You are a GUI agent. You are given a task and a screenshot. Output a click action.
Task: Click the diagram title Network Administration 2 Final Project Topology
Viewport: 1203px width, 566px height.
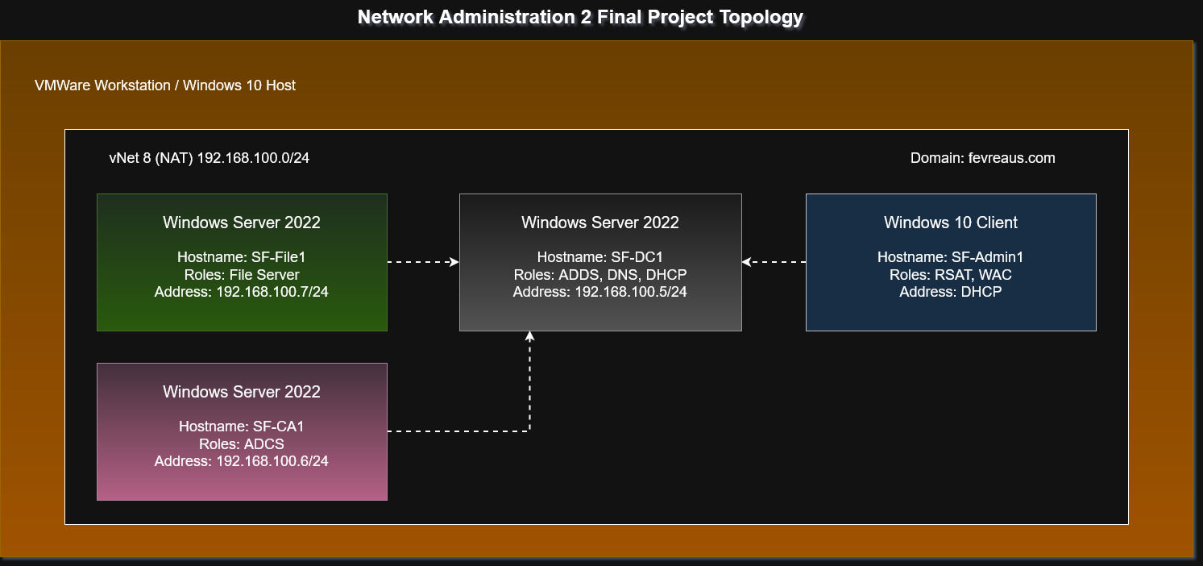pos(580,17)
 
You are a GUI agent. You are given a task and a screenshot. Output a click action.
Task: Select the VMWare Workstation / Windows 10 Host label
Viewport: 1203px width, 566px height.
pos(165,85)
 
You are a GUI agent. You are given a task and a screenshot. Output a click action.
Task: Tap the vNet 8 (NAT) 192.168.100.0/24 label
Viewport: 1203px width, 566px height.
pos(209,158)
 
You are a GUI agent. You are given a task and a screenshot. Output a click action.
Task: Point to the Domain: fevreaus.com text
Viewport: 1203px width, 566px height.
pos(982,158)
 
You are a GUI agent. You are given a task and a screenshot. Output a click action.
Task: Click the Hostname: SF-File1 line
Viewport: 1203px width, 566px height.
pos(242,257)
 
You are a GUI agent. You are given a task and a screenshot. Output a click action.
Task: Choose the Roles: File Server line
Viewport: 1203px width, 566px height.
pos(242,274)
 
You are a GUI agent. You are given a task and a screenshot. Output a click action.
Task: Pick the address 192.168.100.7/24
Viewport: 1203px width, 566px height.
pos(272,291)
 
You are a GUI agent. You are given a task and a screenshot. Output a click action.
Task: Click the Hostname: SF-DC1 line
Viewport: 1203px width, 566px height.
pos(600,257)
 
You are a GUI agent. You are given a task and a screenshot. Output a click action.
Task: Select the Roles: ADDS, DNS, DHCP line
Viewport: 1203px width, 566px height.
pos(600,274)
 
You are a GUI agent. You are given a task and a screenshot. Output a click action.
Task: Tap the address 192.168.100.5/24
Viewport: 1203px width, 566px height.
pos(631,291)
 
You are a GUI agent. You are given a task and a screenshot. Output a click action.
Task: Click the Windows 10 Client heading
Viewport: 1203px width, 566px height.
pos(951,223)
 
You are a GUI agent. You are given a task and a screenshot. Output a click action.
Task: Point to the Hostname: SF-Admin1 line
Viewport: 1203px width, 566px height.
pos(951,257)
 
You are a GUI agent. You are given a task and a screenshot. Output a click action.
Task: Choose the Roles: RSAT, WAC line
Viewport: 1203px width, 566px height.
pos(951,274)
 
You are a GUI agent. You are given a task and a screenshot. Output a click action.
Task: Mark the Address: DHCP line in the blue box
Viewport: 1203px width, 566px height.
pos(951,291)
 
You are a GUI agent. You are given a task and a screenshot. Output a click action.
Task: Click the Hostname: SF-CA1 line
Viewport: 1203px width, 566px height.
pos(242,427)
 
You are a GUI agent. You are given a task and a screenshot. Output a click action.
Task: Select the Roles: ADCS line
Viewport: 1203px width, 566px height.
pos(242,443)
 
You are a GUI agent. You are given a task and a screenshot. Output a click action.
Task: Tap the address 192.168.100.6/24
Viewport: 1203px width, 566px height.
pos(272,460)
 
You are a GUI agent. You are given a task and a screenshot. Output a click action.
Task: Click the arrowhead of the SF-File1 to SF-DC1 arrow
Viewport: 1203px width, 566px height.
pos(454,262)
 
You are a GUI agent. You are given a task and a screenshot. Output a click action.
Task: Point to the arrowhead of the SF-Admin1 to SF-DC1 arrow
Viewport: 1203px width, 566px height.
pos(746,262)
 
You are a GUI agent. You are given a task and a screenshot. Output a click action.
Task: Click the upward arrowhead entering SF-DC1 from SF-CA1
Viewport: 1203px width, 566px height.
pos(529,335)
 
